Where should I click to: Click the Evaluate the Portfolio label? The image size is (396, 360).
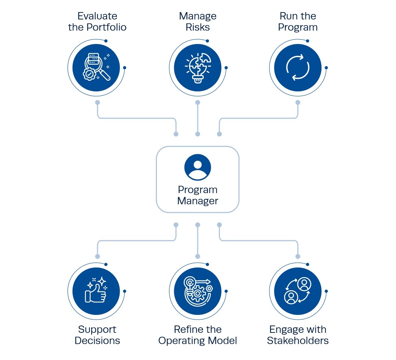tap(97, 22)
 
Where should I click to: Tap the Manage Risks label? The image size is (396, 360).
tap(198, 22)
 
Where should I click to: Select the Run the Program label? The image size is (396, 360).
tap(298, 22)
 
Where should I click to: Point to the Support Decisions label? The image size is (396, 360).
tap(97, 335)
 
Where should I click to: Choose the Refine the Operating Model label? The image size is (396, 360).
tap(198, 335)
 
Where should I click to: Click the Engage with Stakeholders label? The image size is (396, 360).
tap(298, 335)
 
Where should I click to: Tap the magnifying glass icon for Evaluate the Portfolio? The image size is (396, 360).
tap(97, 68)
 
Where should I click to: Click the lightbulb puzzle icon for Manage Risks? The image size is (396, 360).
tap(198, 68)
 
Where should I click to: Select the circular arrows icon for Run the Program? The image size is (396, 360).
tap(298, 68)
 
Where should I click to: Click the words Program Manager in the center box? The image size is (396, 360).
tap(198, 195)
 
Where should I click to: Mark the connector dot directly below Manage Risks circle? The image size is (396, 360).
tap(198, 102)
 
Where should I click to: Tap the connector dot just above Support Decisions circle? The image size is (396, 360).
tap(98, 257)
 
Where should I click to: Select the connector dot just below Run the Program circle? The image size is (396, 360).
tap(298, 102)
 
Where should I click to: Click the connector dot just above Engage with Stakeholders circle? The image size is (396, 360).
tap(298, 257)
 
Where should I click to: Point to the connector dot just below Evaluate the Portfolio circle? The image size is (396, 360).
tap(98, 102)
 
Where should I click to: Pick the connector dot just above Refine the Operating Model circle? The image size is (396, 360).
tap(198, 257)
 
